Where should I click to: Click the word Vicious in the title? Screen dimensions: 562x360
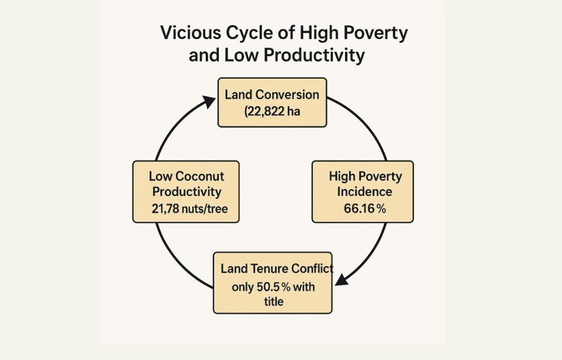point(190,32)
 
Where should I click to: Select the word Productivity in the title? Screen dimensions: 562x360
point(314,55)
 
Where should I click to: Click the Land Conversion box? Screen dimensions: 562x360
point(272,103)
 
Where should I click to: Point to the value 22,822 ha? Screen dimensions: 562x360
point(272,111)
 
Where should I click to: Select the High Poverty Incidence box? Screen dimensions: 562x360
point(363,192)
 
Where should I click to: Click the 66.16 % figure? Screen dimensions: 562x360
point(365,209)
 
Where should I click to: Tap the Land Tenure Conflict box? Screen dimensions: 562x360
point(273,283)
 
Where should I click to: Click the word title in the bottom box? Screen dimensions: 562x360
point(274,301)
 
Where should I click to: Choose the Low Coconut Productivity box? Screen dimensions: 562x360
point(186,192)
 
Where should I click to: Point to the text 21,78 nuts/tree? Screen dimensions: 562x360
point(189,209)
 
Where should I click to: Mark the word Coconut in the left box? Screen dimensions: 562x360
point(200,176)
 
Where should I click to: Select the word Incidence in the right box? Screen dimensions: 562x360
point(364,192)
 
